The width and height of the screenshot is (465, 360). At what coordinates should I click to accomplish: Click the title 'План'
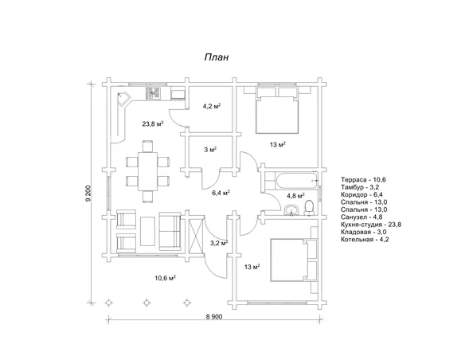(x=217, y=57)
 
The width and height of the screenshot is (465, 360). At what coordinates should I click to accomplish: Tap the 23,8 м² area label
(x=153, y=124)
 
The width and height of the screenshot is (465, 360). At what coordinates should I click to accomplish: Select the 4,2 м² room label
(x=211, y=107)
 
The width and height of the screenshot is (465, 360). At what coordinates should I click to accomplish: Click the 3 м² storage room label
(x=210, y=150)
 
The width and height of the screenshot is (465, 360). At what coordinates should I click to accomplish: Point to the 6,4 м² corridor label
(x=221, y=193)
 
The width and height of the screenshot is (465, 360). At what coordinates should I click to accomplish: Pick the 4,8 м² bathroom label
(x=296, y=196)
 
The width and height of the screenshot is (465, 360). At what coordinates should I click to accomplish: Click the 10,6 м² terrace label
(x=166, y=278)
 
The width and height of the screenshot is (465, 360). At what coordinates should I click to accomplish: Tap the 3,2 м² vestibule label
(x=219, y=243)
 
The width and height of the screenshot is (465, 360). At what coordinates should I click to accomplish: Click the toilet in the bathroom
(x=309, y=208)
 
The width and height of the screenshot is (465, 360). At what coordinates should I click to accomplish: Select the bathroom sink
(x=292, y=210)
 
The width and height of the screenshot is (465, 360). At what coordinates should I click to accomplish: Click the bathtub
(x=297, y=181)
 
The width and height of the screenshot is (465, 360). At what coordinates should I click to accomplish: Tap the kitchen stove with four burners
(x=154, y=94)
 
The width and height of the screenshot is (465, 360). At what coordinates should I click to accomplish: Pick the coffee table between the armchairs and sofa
(x=147, y=231)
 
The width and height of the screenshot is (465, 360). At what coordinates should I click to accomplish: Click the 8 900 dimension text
(x=214, y=316)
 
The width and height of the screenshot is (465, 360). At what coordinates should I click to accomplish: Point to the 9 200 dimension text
(x=88, y=194)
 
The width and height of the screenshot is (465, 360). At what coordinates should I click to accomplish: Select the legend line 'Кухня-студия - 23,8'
(x=371, y=225)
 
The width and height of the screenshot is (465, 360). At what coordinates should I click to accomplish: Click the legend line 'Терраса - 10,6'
(x=363, y=180)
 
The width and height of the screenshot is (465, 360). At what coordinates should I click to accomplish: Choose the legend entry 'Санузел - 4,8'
(x=361, y=217)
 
